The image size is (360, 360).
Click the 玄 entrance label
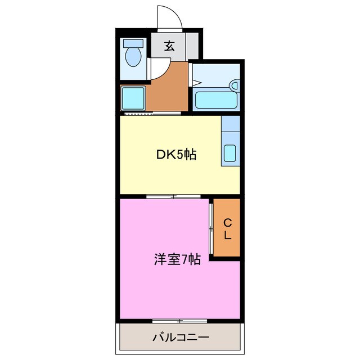pyautogui.click(x=169, y=46)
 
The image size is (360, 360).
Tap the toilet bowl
pyautogui.click(x=133, y=57)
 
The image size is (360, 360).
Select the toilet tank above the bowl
pyautogui.click(x=133, y=43)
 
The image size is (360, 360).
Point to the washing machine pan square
pyautogui.click(x=133, y=99)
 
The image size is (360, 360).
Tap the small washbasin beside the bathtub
pyautogui.click(x=234, y=85)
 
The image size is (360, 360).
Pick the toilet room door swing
pyautogui.click(x=157, y=70)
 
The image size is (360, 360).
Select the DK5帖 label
pyautogui.click(x=175, y=154)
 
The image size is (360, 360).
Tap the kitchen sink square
pyautogui.click(x=231, y=153)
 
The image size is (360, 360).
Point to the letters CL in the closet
pyautogui.click(x=227, y=229)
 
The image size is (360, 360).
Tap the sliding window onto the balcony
pyautogui.click(x=180, y=321)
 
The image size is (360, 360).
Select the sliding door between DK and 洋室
pyautogui.click(x=173, y=196)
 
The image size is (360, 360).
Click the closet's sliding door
pyautogui.click(x=211, y=228)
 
